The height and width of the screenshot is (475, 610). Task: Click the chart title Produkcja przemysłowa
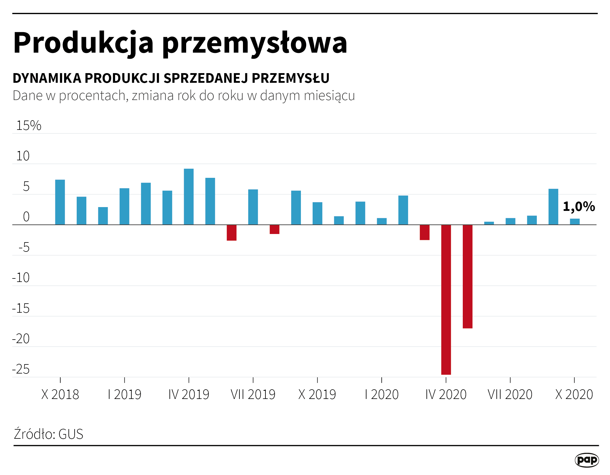click(x=180, y=43)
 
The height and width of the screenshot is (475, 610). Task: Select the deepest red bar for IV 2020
click(x=446, y=300)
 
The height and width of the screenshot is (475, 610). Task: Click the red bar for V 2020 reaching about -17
click(x=467, y=276)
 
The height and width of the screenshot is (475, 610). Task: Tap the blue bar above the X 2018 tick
click(x=60, y=202)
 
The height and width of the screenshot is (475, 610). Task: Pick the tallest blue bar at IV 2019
click(x=189, y=197)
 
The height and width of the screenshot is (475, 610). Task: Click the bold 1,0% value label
click(x=579, y=206)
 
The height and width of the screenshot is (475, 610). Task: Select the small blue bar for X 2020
click(x=575, y=222)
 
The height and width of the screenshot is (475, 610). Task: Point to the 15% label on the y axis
click(x=29, y=125)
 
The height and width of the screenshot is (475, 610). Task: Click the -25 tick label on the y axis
click(x=21, y=369)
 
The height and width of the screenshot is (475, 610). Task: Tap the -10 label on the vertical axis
click(x=21, y=278)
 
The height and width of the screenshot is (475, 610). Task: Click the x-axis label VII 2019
click(x=253, y=395)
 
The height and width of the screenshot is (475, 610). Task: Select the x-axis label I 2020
click(x=382, y=395)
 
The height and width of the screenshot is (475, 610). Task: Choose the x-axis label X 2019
click(x=317, y=395)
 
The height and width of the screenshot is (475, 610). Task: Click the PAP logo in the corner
click(x=587, y=460)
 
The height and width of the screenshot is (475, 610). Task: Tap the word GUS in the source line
click(x=71, y=434)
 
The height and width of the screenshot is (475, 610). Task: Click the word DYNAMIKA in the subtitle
click(x=47, y=78)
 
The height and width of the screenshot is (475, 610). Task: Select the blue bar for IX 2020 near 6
click(x=553, y=207)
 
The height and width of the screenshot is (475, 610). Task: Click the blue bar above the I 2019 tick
click(x=124, y=206)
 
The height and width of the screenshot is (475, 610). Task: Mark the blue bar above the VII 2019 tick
click(x=253, y=207)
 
